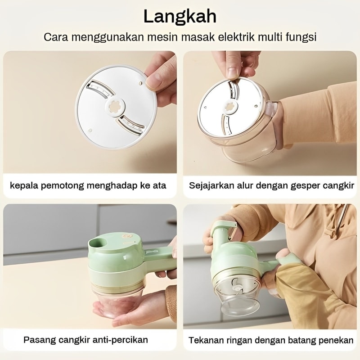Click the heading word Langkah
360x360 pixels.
[x=180, y=17]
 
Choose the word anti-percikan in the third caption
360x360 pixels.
[x=120, y=340]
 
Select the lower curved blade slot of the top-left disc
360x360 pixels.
[x=131, y=125]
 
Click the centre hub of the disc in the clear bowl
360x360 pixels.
[x=230, y=107]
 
